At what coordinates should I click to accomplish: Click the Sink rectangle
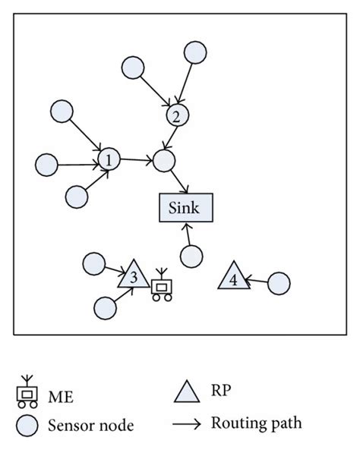coord(185,207)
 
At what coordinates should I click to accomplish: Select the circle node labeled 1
coord(109,160)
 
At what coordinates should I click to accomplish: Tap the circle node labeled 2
coord(176,116)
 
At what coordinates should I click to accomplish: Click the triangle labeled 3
coord(133,276)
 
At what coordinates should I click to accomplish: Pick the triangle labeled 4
coord(232,277)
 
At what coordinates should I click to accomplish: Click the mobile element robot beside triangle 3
coord(162,287)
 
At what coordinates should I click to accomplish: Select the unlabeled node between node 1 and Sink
coord(163,160)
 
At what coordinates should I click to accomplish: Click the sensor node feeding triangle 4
coord(279,284)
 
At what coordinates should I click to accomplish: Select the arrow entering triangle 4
coord(257,282)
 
